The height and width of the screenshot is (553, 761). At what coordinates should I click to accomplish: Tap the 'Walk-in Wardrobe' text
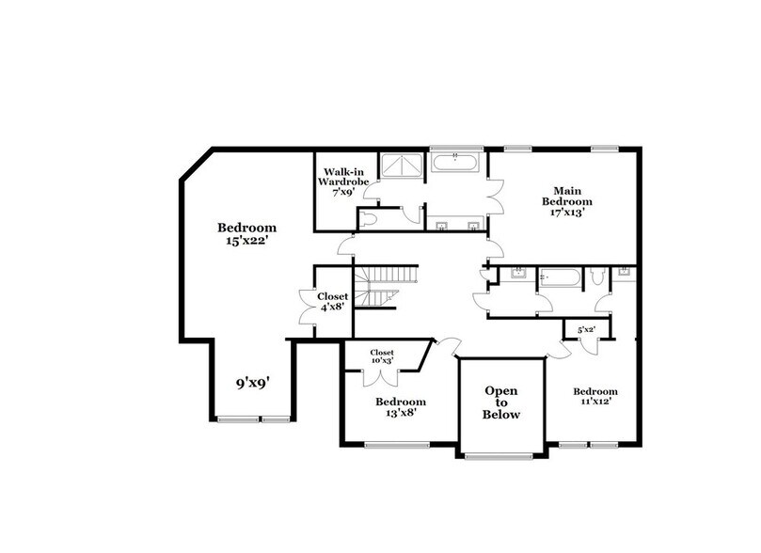pos(338,178)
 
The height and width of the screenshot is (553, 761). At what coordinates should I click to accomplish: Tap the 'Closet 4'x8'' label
pos(332,301)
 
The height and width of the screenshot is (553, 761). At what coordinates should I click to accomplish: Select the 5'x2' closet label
pos(585,329)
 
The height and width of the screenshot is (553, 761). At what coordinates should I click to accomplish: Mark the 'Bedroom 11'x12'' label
pos(595,397)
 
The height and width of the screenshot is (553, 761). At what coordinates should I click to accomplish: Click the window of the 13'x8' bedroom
pos(388,444)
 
